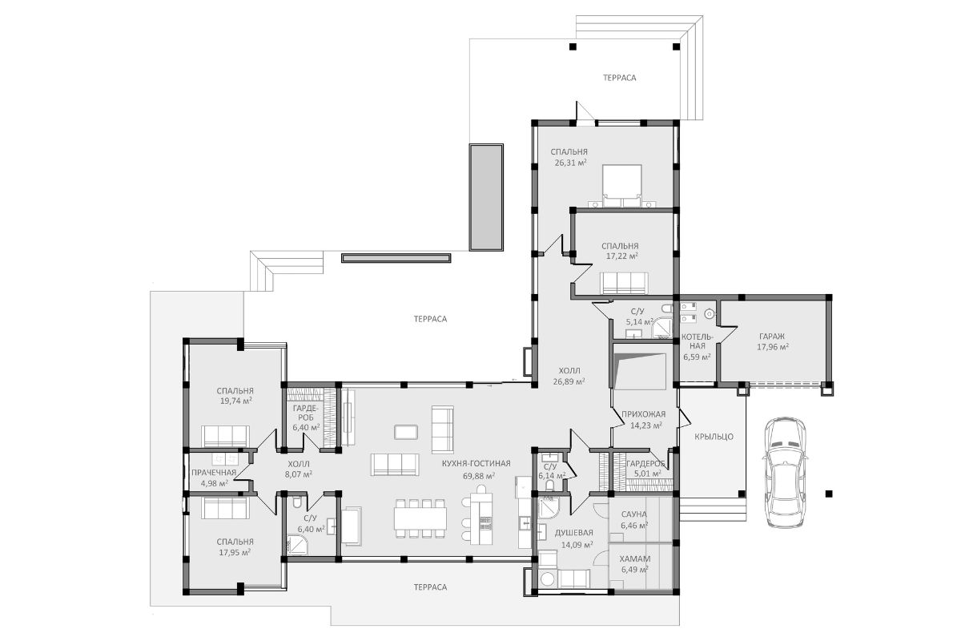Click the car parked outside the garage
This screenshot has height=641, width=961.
click(784, 471)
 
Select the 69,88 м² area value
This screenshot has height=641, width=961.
click(479, 476)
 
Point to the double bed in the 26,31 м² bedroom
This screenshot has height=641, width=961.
click(622, 187)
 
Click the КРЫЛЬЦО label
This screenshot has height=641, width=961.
click(714, 437)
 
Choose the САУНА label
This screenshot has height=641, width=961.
click(634, 514)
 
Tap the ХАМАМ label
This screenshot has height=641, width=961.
click(635, 559)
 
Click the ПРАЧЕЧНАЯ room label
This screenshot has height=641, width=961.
click(214, 473)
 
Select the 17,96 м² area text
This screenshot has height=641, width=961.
click(773, 347)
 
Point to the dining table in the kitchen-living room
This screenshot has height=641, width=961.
click(420, 518)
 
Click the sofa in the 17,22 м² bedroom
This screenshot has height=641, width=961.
click(624, 284)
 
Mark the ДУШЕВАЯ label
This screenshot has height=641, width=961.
click(574, 533)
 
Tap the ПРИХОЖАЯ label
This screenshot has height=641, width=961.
click(644, 414)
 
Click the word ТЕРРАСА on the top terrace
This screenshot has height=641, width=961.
click(620, 78)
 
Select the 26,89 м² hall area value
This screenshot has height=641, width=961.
click(569, 381)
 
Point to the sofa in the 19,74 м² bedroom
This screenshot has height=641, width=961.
click(225, 436)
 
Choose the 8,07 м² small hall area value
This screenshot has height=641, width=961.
click(299, 474)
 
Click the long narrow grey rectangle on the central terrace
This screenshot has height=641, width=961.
click(396, 258)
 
